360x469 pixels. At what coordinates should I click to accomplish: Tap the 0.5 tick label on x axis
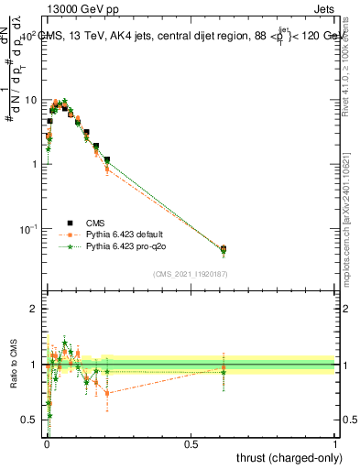pyautogui.click(x=191, y=445)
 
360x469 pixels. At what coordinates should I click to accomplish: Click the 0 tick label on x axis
pyautogui.click(x=46, y=445)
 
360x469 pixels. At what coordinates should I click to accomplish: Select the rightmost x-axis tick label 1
pyautogui.click(x=335, y=445)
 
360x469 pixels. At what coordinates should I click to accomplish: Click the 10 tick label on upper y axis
pyautogui.click(x=33, y=100)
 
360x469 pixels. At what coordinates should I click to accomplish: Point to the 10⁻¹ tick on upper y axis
pyautogui.click(x=30, y=228)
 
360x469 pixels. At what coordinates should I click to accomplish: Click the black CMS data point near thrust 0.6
pyautogui.click(x=224, y=248)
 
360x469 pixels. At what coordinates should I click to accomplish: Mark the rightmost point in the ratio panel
pyautogui.click(x=224, y=369)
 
